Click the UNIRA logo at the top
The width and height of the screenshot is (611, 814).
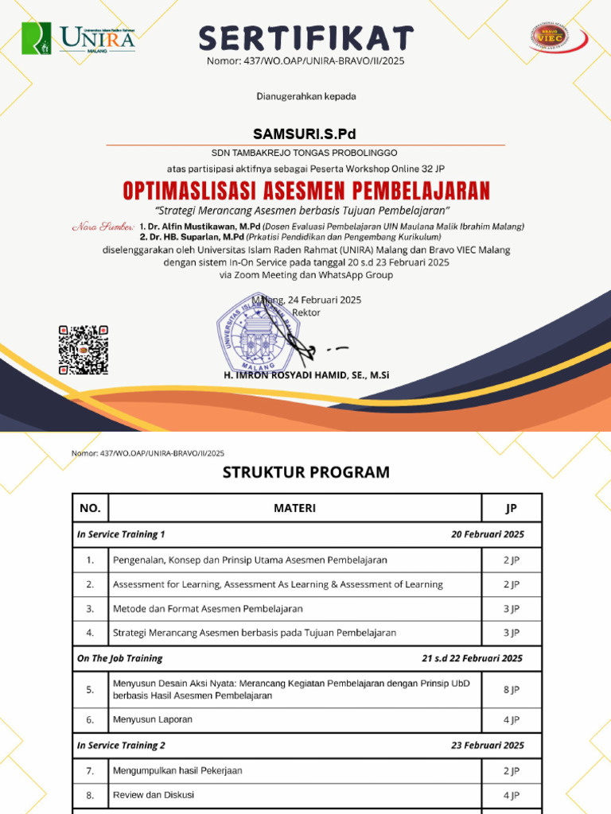coord(78,37)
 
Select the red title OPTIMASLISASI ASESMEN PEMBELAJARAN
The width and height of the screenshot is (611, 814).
coord(305,191)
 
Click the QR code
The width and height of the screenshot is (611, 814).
coord(84,350)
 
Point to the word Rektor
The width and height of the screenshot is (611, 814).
coord(307,312)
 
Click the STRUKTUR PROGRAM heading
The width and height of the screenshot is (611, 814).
coord(305,472)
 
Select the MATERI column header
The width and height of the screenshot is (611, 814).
coord(294,508)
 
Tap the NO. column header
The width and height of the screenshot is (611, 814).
coord(90,508)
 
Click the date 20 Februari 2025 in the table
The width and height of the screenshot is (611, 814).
coord(487,534)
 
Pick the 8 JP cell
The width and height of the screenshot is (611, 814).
coord(511,689)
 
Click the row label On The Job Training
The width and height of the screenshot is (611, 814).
coord(119,658)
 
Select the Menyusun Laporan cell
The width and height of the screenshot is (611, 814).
coord(153,719)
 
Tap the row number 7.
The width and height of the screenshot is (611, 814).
coord(90,770)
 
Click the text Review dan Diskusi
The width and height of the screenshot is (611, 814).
coord(154,794)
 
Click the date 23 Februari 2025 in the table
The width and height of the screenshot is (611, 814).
coord(487,745)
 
